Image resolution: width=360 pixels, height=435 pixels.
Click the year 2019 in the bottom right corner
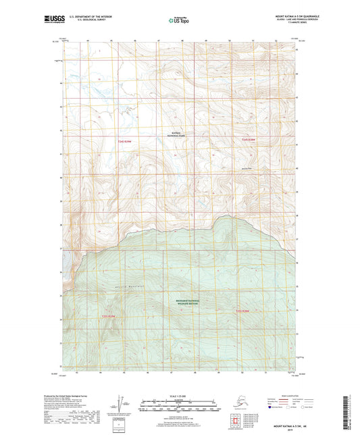(x=309, y=426)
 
